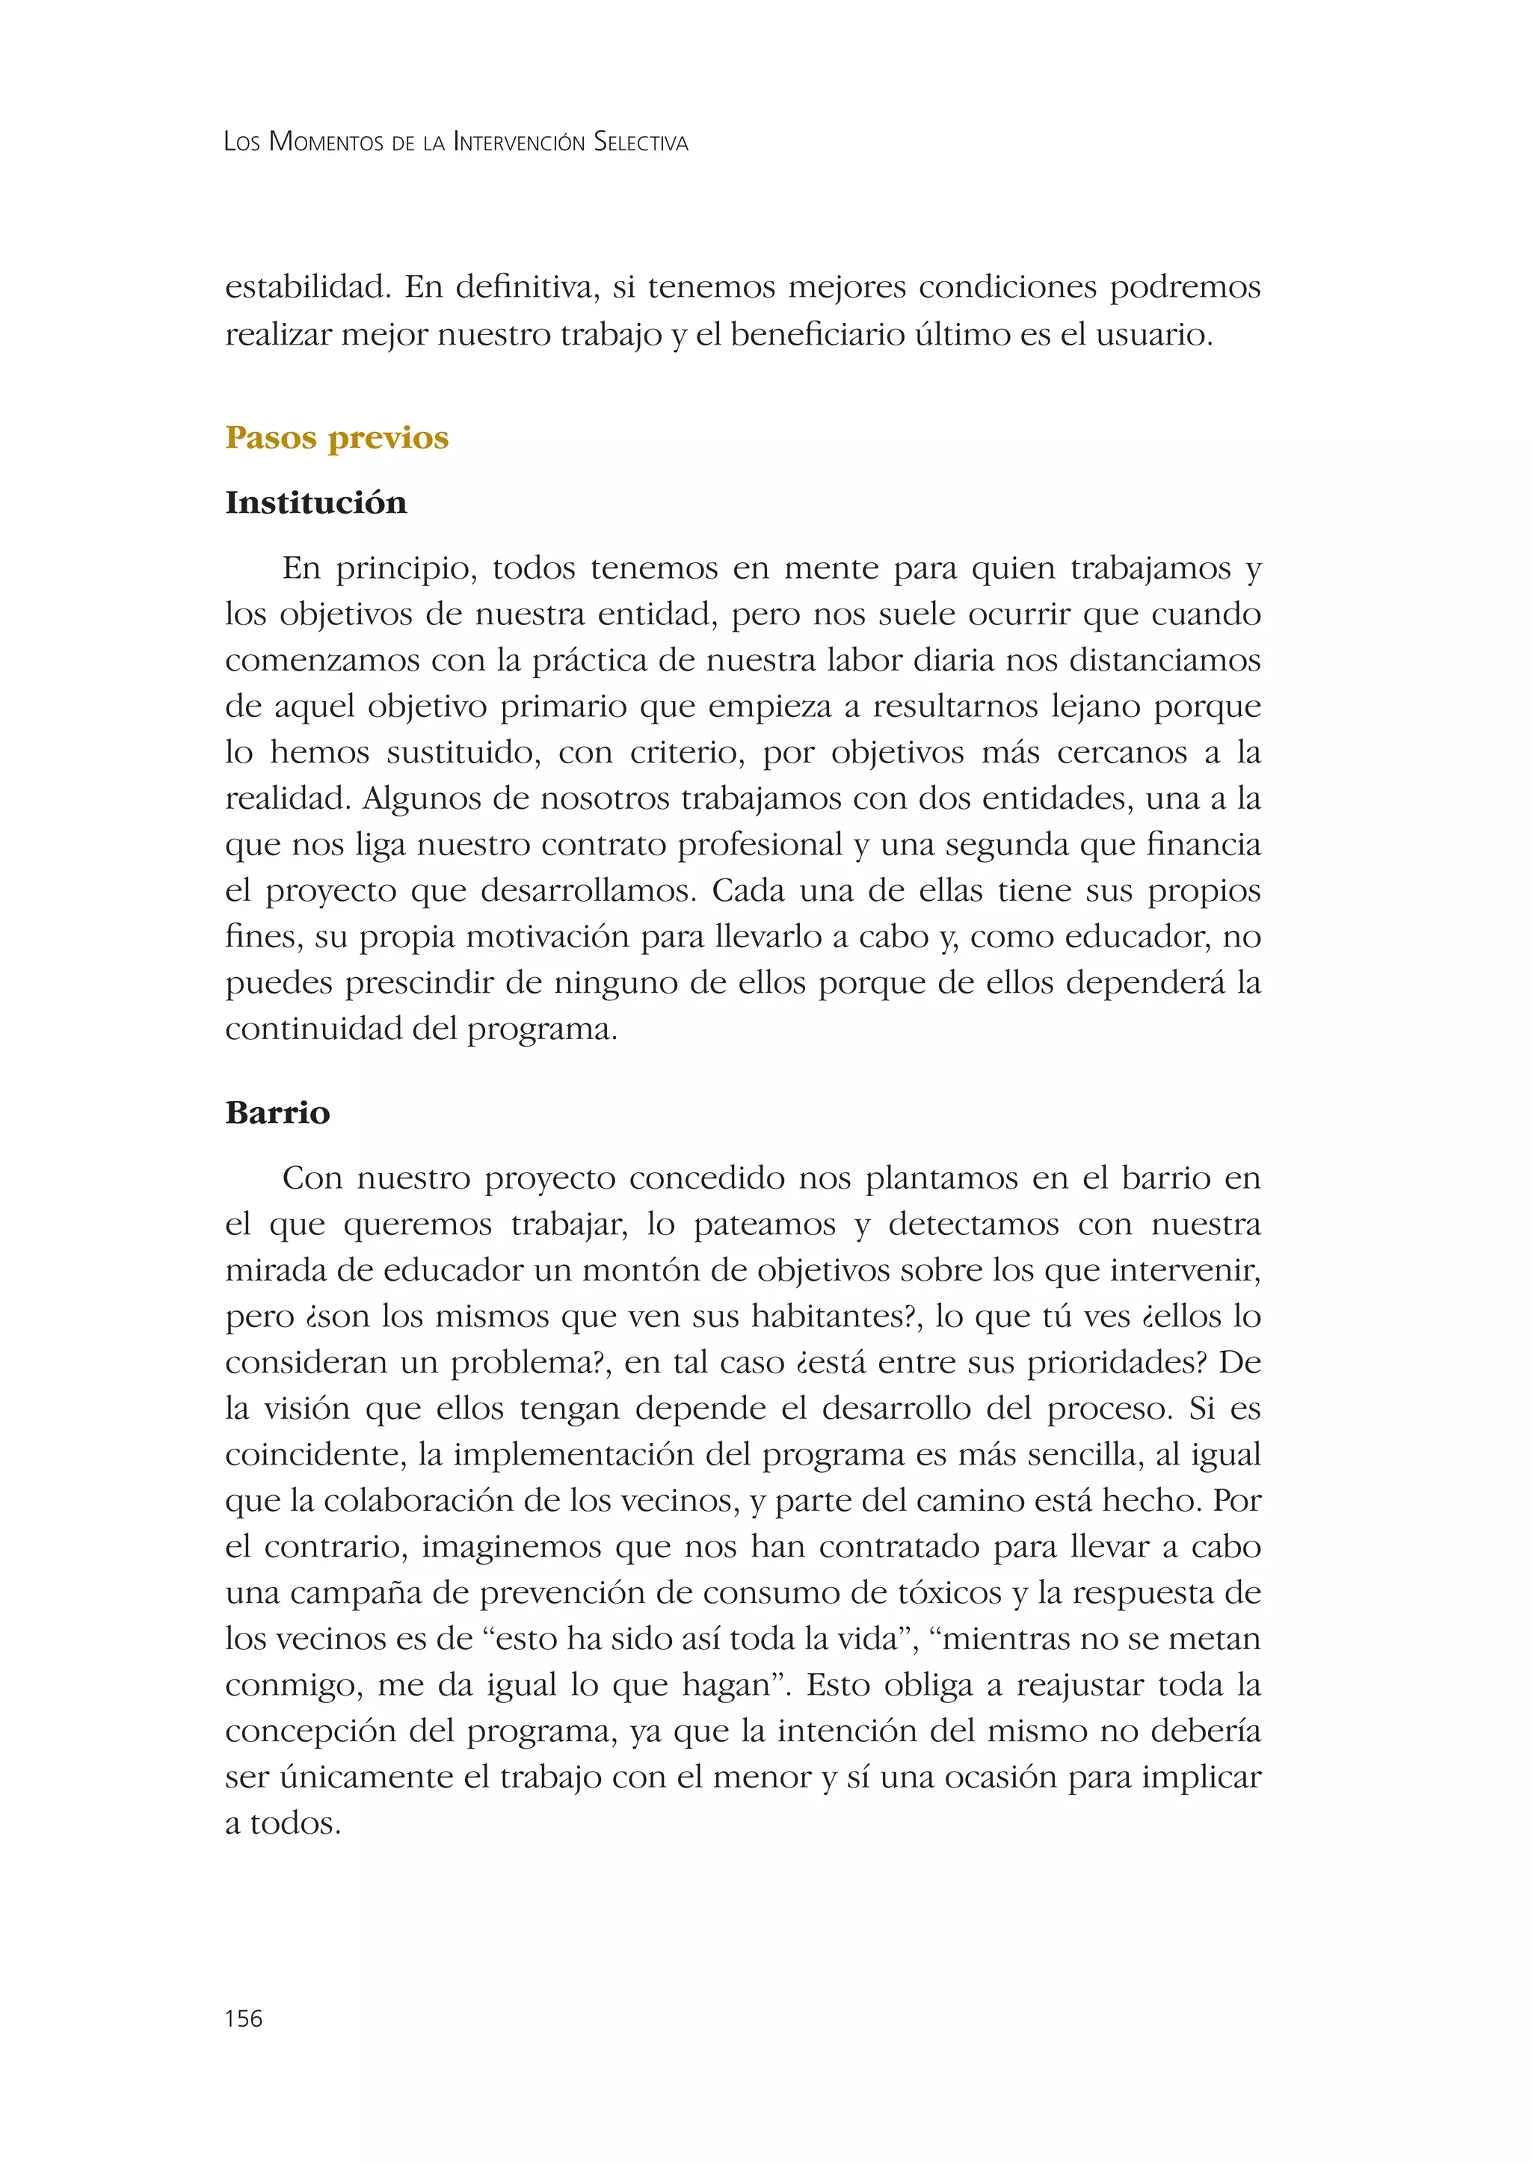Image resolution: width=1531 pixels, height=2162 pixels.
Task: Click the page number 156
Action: point(243,2018)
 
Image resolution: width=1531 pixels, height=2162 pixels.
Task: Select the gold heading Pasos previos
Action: point(336,437)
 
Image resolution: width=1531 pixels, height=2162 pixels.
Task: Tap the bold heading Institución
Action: point(315,502)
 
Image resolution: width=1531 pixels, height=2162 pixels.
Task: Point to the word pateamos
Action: point(763,1225)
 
